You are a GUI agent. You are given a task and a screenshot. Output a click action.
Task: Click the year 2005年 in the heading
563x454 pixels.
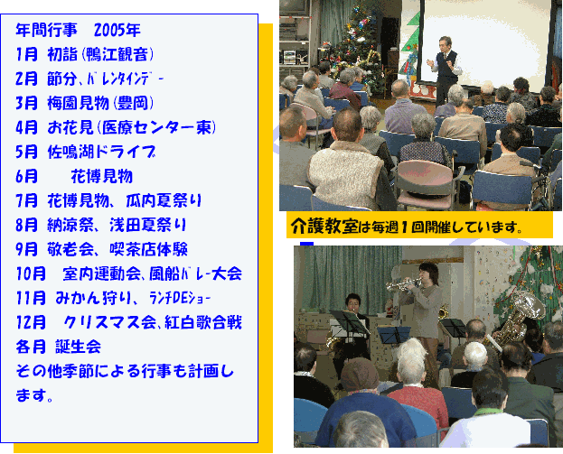tap(117, 31)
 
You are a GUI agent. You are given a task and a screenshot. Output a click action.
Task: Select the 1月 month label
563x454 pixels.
tap(26, 54)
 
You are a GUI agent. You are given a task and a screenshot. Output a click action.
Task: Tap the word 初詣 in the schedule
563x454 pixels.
tap(62, 54)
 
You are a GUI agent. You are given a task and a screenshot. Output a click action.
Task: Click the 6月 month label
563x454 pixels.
tap(26, 176)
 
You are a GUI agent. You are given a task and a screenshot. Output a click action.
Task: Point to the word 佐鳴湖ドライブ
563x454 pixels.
tap(101, 152)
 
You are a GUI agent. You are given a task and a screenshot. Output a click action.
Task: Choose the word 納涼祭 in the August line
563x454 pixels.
tap(70, 225)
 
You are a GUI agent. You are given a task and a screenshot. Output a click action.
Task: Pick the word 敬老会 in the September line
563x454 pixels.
tap(70, 249)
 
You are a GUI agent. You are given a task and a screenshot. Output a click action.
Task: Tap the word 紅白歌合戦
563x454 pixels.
tap(203, 322)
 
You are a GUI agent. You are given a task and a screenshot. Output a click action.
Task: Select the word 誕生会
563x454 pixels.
tap(79, 347)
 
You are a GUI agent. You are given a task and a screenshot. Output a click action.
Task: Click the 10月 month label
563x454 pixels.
tap(31, 273)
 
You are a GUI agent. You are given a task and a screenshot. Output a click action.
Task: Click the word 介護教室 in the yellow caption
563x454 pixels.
tap(324, 227)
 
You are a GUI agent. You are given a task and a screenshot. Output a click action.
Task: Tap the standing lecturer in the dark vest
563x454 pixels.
tap(445, 69)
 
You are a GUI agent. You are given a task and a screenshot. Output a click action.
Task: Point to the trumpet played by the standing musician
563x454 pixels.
tap(403, 284)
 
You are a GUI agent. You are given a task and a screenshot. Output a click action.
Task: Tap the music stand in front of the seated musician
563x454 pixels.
tap(349, 322)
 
